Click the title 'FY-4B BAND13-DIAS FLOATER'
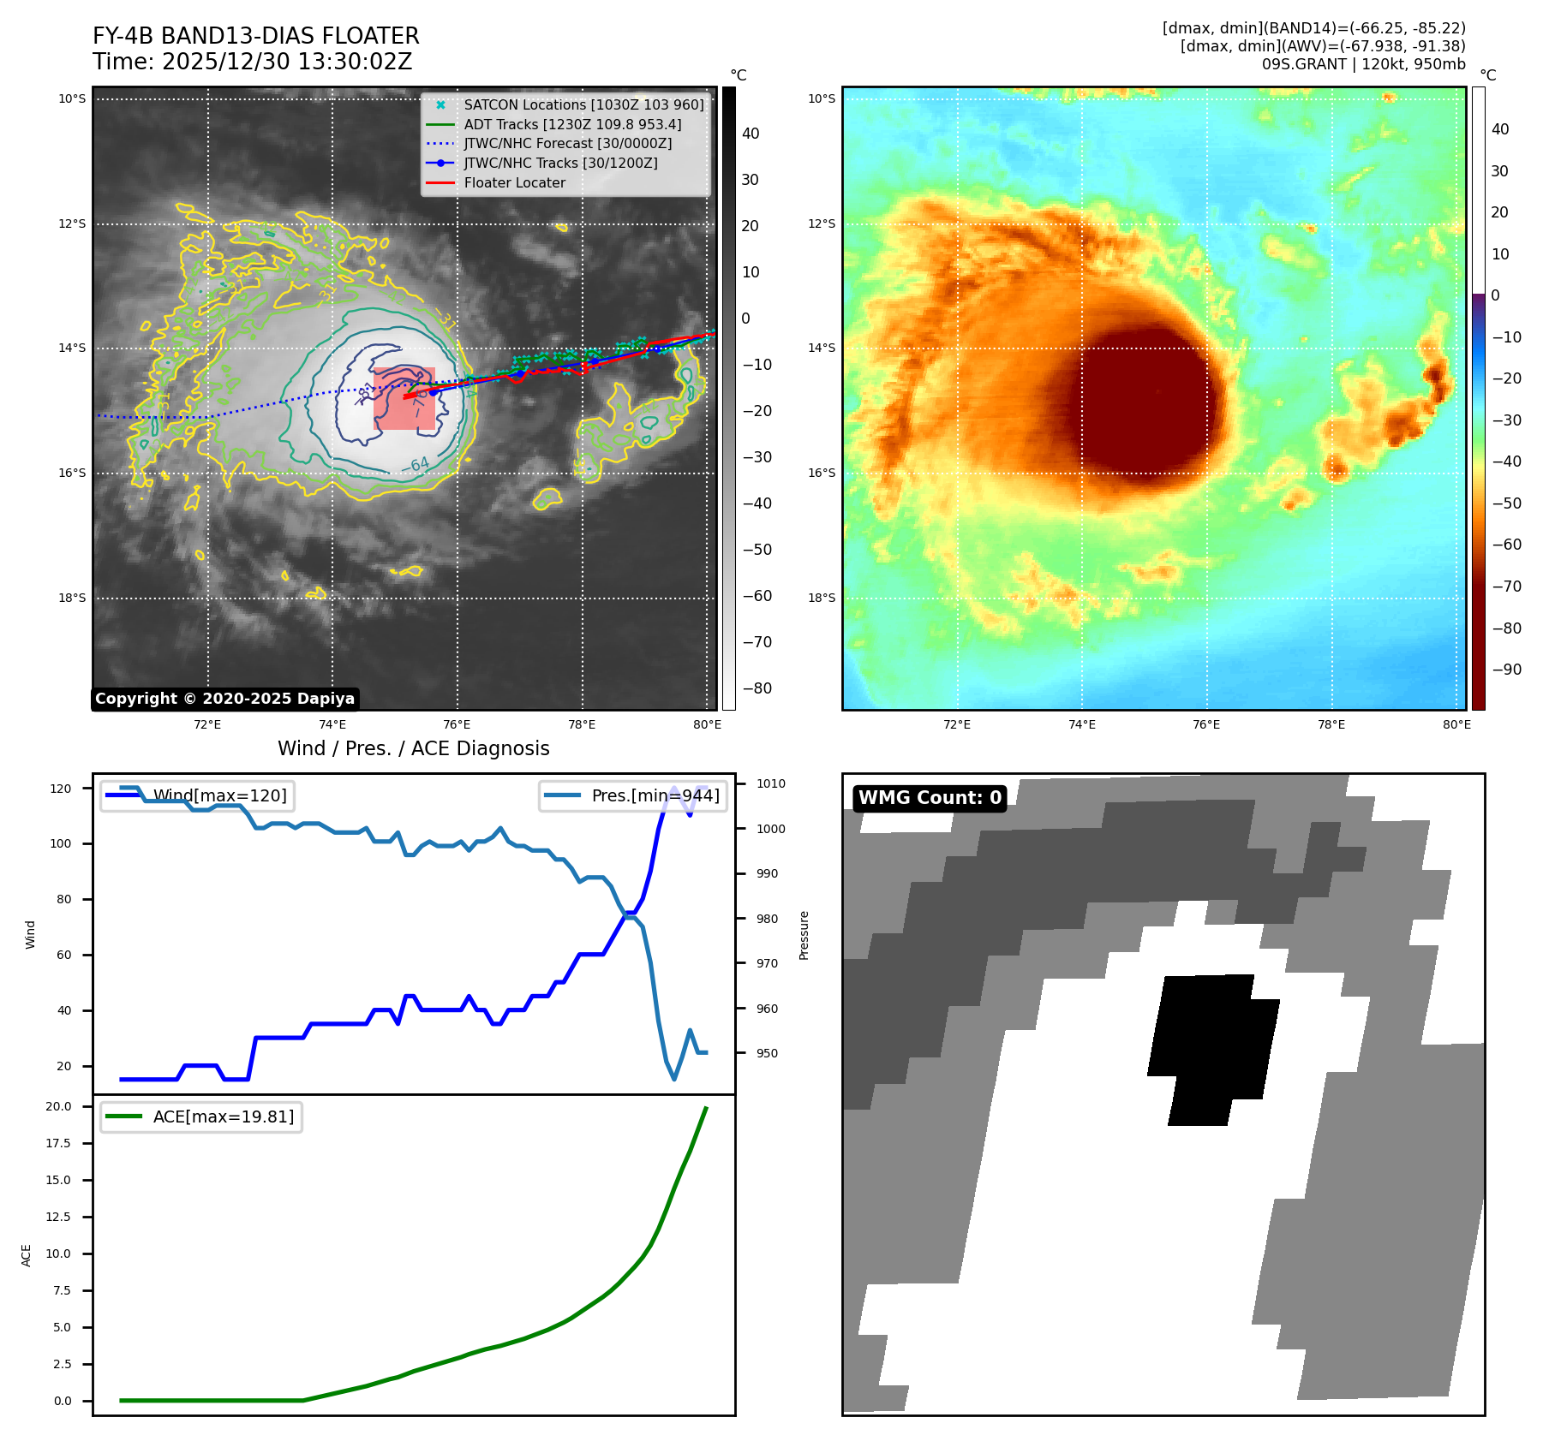(255, 36)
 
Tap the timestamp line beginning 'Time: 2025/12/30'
(252, 62)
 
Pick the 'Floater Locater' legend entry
(514, 182)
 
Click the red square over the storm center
(404, 398)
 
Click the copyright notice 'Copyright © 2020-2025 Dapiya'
(224, 699)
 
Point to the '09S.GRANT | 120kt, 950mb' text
(1363, 63)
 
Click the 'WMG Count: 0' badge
(930, 798)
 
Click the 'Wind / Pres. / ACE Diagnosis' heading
(413, 748)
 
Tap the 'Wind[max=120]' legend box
(197, 795)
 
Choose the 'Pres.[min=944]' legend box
(633, 795)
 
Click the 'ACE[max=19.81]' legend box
(201, 1117)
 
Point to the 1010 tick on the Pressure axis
(770, 783)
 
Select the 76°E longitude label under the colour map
(1205, 724)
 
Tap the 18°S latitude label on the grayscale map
(72, 598)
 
